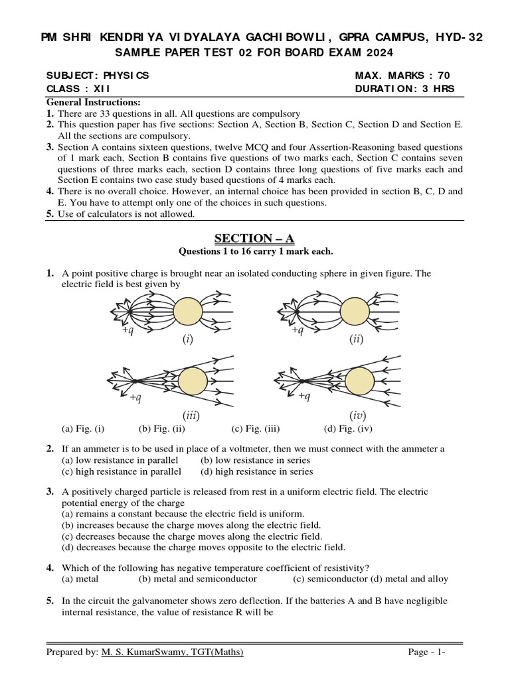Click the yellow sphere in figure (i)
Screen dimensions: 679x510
[188, 311]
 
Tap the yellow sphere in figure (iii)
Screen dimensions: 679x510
[193, 381]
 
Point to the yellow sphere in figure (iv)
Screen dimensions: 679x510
[359, 381]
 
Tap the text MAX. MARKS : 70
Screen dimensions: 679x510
[402, 76]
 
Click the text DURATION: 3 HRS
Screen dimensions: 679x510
[405, 89]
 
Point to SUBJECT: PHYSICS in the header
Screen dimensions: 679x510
[98, 76]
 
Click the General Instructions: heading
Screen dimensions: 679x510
[93, 102]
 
